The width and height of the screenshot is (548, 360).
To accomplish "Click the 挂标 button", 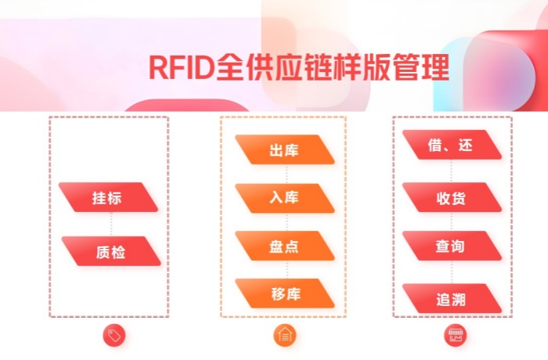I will pos(109,198).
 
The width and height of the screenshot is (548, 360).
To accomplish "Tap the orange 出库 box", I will pos(285,149).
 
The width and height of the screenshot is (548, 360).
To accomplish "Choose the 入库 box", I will pos(285,198).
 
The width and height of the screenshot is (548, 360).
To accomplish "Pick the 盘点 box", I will pos(285,246).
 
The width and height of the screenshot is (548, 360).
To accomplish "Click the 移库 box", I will pos(285,293).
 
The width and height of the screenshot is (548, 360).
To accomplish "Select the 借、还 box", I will pos(452,146).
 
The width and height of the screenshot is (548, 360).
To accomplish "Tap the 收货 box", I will pos(452,197).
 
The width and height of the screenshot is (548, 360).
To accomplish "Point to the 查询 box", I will pos(452,247).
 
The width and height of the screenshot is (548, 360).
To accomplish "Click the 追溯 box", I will pos(452,299).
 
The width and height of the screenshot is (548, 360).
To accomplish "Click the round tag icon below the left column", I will pos(114,336).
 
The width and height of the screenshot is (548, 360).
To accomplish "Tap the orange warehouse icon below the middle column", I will pos(285,336).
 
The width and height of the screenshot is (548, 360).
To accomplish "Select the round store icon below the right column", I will pos(456,336).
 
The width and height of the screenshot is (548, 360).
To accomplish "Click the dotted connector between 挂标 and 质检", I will pos(110,225).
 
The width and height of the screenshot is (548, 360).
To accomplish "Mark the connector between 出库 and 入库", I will pos(285,174).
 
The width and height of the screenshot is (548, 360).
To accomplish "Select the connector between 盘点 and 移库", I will pos(285,270).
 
